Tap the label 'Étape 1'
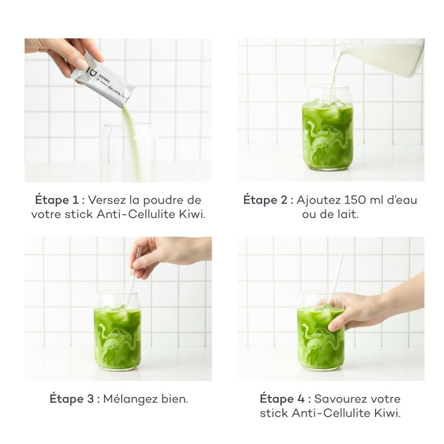click(x=59, y=200)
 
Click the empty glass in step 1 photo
click(x=128, y=152)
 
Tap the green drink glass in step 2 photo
click(x=327, y=130)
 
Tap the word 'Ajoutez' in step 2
click(x=323, y=200)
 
